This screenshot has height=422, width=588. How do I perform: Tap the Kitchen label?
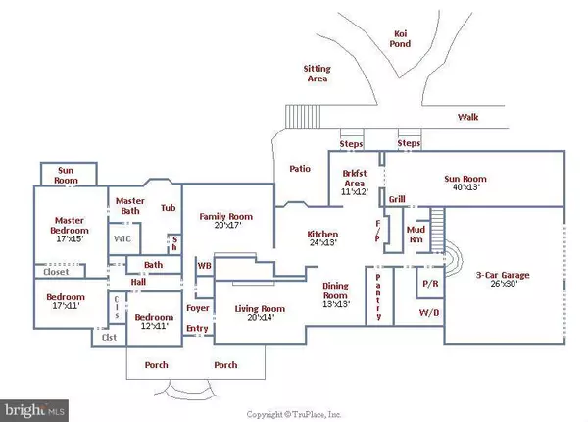(322, 235)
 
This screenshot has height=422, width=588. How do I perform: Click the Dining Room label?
(335, 290)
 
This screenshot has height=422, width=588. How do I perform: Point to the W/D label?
(428, 314)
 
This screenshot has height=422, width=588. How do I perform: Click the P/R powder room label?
(429, 282)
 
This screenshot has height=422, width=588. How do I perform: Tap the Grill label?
(397, 200)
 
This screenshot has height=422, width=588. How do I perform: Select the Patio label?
(300, 168)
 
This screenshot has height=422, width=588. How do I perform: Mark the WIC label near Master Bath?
(122, 237)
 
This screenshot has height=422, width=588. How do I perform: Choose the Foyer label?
(197, 308)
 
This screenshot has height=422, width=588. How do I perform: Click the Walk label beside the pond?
(468, 118)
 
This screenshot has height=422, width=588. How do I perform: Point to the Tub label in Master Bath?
(169, 208)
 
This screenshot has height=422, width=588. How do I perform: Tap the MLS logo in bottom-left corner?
(36, 404)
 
